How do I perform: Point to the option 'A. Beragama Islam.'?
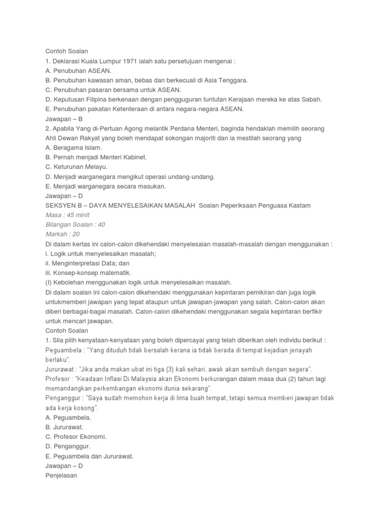[73, 147]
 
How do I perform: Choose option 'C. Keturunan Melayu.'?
[76, 166]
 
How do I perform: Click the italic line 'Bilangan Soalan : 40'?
[75, 224]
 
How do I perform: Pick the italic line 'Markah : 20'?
[62, 234]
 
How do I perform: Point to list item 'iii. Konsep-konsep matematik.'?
[88, 272]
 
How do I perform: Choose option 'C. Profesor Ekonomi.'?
[76, 436]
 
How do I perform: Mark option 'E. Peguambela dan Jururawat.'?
[90, 456]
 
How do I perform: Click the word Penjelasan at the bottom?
[61, 475]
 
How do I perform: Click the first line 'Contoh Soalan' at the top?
[67, 51]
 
